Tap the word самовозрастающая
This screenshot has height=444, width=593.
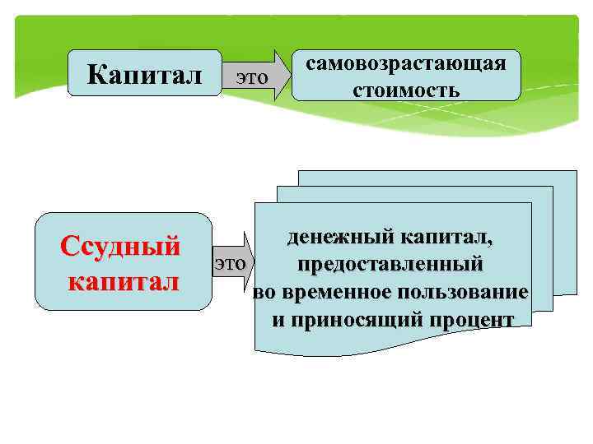(x=406, y=64)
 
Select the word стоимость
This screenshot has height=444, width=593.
(x=406, y=88)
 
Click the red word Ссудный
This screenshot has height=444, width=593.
(x=120, y=246)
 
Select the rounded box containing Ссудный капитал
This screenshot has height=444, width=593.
(x=123, y=261)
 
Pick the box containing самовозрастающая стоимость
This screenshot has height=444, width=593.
(x=406, y=76)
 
